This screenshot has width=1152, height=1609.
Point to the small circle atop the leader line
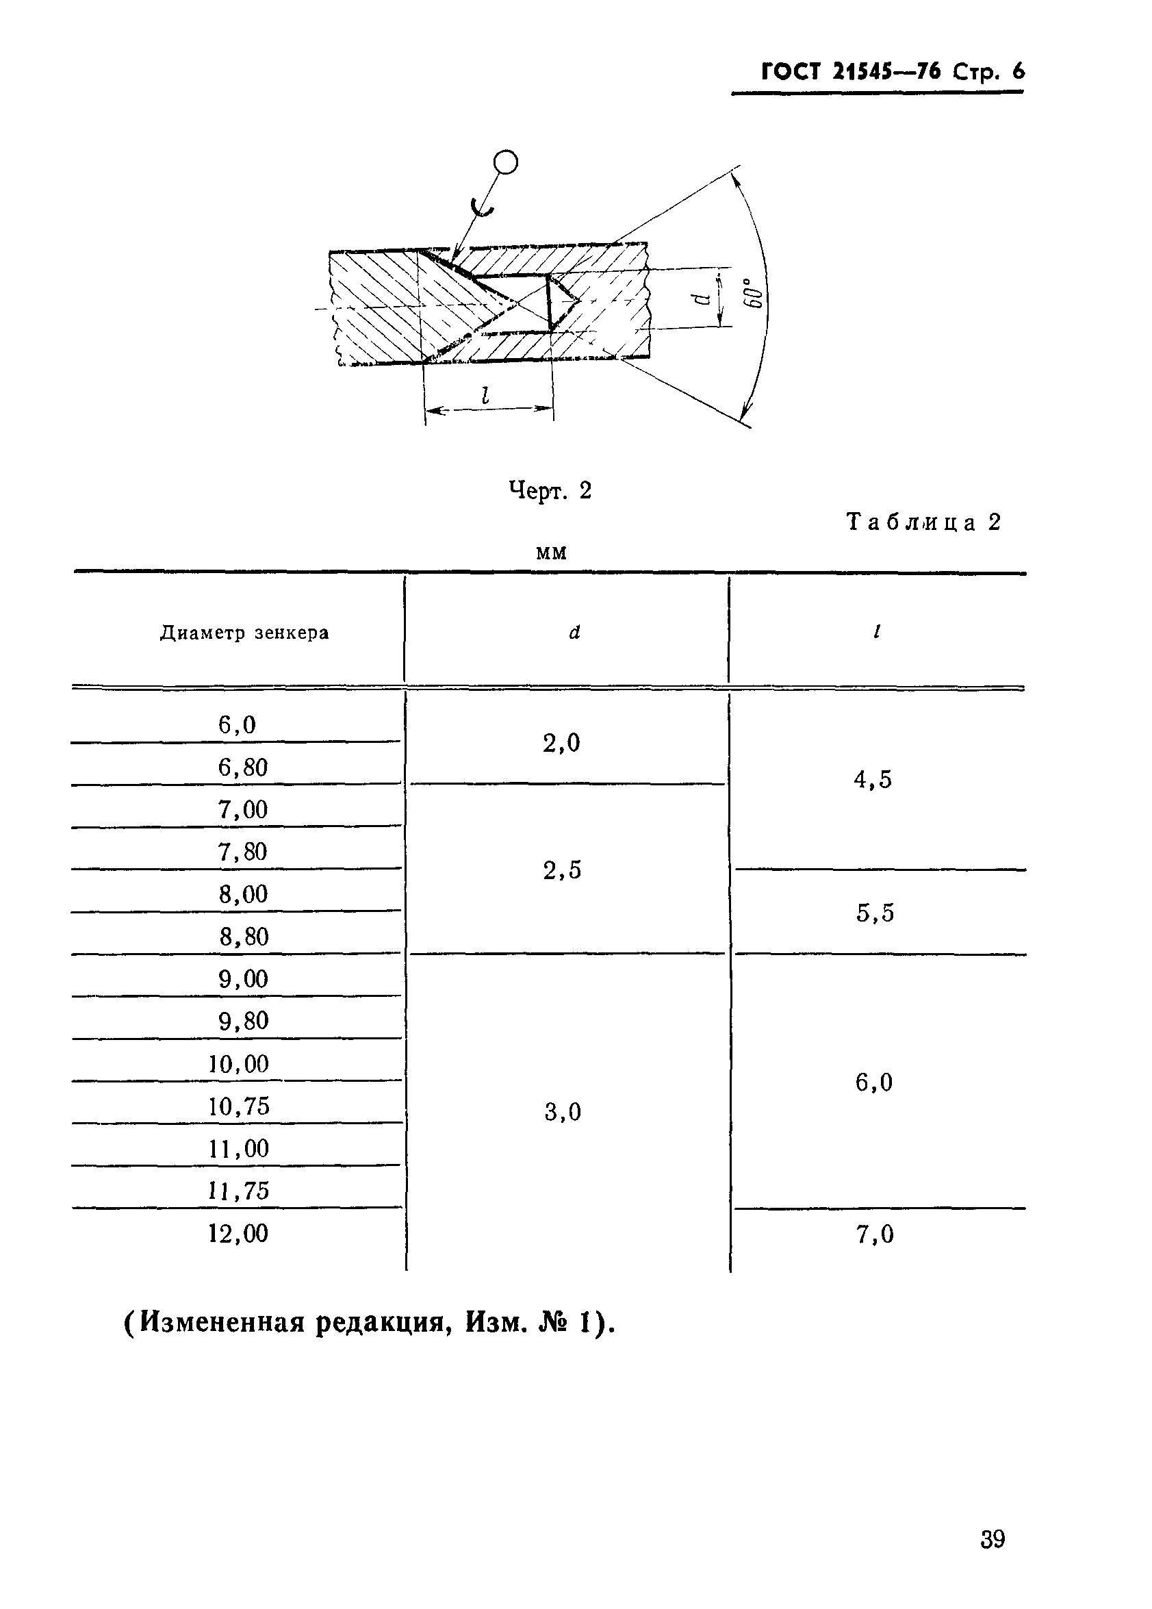pos(506,162)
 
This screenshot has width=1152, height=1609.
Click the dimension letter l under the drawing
pos(485,395)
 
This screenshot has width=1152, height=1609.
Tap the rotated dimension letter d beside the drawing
pos(702,298)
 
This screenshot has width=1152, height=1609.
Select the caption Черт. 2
pos(550,490)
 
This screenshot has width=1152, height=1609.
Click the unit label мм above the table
pos(551,553)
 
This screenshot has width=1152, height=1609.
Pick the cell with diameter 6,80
pos(242,767)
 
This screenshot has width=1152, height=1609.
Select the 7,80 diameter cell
pos(242,851)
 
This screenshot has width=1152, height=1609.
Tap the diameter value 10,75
pos(238,1106)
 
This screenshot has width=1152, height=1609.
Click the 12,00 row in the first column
pos(238,1234)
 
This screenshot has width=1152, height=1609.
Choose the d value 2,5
pos(562,870)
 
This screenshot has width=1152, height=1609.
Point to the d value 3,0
pos(563,1112)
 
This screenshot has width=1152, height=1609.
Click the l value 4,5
pos(873,780)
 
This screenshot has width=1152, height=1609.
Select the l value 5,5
pos(875,912)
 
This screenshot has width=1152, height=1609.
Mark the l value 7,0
pos(875,1235)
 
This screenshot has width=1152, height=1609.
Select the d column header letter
pos(574,632)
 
